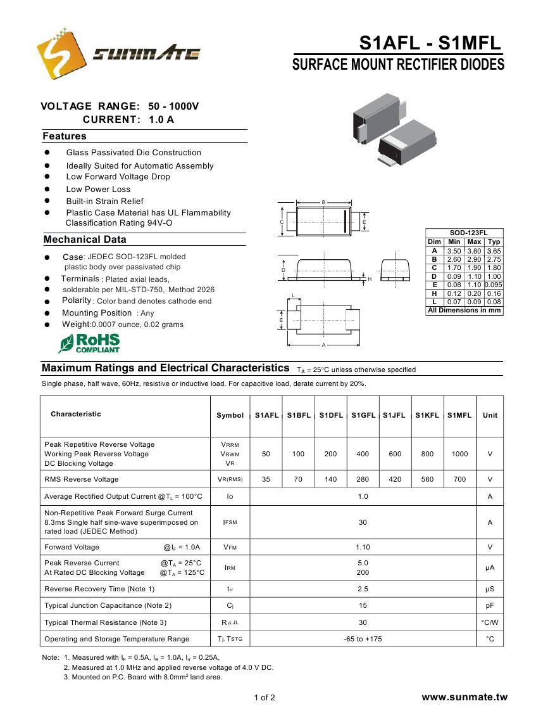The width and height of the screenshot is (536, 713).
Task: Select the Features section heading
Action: (65, 136)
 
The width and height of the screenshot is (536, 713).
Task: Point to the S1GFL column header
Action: (363, 415)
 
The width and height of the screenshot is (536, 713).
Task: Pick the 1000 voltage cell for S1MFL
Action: (459, 454)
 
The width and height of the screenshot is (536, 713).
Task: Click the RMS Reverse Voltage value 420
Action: (395, 479)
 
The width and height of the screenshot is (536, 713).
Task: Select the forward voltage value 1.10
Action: (363, 547)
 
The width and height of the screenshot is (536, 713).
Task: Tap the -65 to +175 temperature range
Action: (363, 639)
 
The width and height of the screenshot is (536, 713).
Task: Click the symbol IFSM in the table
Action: (230, 522)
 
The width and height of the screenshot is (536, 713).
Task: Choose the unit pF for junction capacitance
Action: (490, 606)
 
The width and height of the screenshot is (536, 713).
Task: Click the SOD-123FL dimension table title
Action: (464, 233)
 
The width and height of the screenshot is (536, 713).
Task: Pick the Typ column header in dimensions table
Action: (494, 241)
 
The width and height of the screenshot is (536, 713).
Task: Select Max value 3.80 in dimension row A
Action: (474, 251)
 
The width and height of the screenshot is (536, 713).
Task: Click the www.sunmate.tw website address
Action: (464, 697)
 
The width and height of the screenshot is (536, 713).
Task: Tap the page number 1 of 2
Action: (265, 698)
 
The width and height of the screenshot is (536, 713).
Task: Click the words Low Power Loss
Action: (98, 189)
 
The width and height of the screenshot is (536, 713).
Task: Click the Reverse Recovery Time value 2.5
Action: (363, 589)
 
